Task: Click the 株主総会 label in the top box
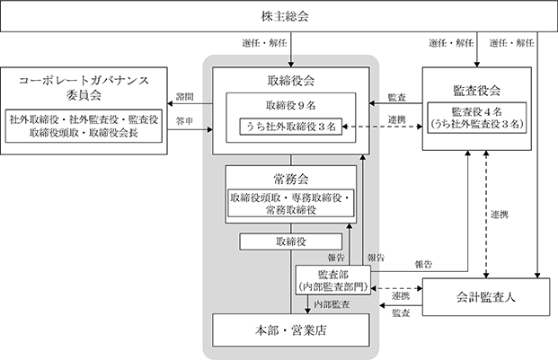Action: (285, 16)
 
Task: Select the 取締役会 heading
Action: (291, 81)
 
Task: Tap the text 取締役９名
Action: (291, 105)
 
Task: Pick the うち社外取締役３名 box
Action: (291, 127)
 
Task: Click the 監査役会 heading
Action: (477, 91)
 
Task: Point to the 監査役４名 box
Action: (477, 118)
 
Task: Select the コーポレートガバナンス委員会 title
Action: (84, 87)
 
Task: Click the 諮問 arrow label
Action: (185, 97)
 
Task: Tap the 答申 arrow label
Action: (185, 121)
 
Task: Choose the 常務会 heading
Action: (291, 179)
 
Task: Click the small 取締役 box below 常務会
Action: (291, 241)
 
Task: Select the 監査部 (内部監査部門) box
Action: (333, 280)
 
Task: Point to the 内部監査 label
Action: (332, 304)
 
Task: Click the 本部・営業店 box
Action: (291, 330)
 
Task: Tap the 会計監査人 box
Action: (486, 297)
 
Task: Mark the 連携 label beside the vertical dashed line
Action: (500, 215)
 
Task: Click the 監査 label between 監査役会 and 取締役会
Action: (397, 97)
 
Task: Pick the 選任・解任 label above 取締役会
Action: (264, 43)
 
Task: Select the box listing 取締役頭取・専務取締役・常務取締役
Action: (291, 203)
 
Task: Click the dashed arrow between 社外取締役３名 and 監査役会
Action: (382, 127)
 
